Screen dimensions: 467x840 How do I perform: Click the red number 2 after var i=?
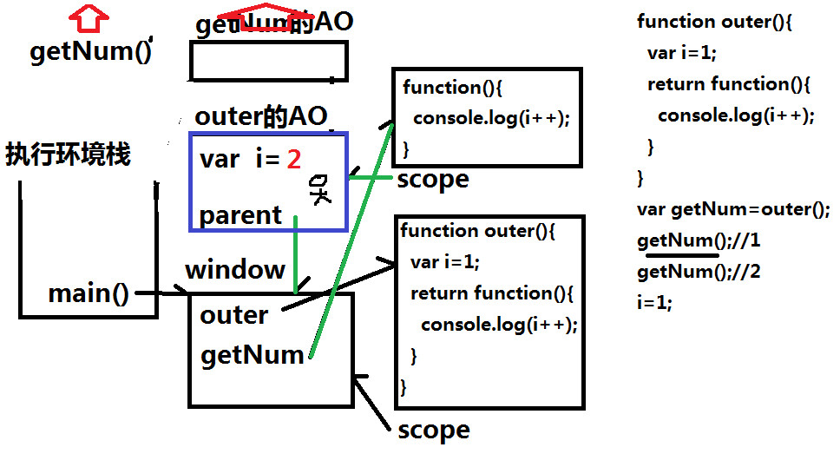[294, 160]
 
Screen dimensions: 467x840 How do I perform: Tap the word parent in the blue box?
[240, 214]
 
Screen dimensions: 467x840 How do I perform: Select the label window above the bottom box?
[234, 269]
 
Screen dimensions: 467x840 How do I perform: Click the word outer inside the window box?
[233, 314]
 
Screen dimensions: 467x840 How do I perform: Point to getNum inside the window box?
[252, 355]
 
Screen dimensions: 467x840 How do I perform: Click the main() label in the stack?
[88, 293]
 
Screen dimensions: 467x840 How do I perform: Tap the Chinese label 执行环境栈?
[68, 155]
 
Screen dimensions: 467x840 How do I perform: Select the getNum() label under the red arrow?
[90, 52]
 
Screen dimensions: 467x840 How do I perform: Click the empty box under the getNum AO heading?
[268, 61]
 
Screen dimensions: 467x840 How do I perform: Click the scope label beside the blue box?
[432, 180]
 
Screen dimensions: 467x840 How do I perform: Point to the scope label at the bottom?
[433, 431]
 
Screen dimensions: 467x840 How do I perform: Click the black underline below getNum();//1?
[677, 254]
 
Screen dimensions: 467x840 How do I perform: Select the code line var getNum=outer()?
[733, 209]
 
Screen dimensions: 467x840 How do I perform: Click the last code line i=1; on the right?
[654, 303]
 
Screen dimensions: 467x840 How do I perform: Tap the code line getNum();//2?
[699, 272]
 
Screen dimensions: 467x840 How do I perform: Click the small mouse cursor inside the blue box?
[320, 189]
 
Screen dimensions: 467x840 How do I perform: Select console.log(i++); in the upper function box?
[491, 118]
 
